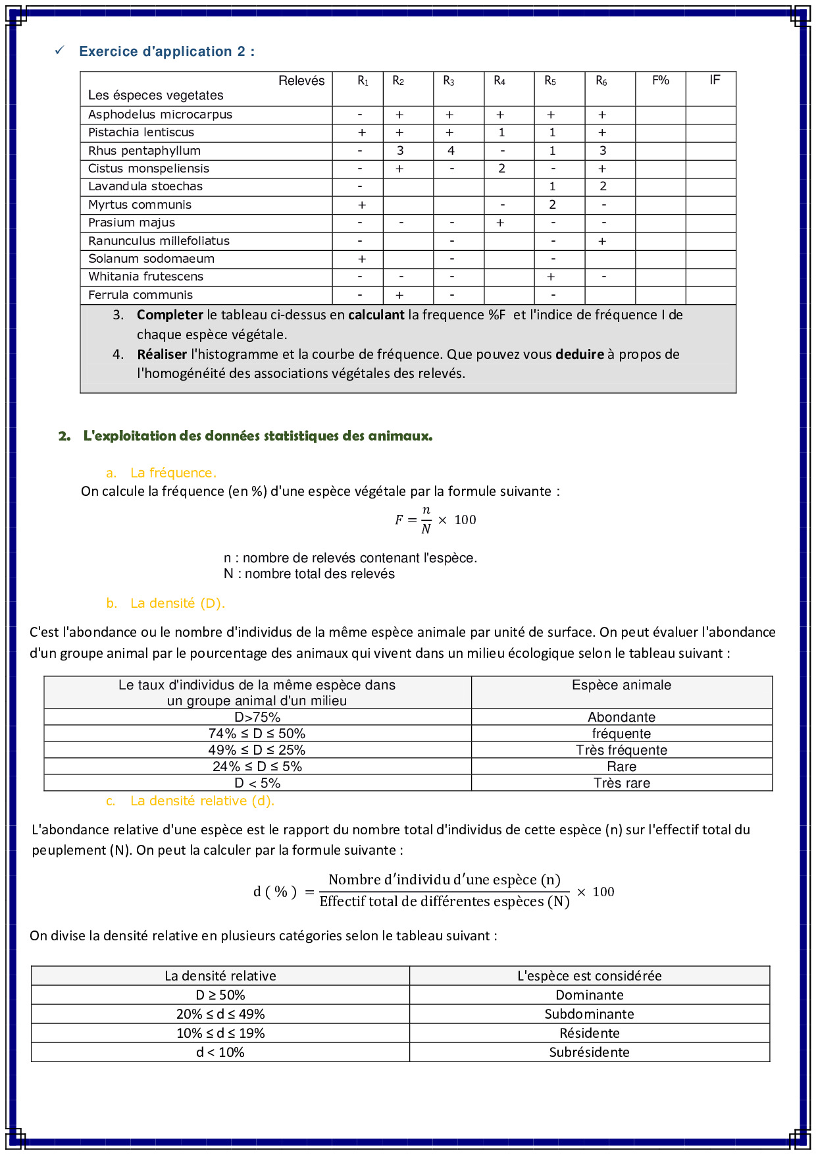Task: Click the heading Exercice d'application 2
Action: (166, 51)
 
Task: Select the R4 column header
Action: (499, 81)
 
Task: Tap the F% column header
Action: (660, 80)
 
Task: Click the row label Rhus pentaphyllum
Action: (144, 151)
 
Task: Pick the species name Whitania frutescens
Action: (145, 277)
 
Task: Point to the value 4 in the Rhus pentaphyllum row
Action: (451, 151)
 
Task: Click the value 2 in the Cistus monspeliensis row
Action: (501, 169)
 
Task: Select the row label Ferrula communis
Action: (140, 295)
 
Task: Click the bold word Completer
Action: (170, 315)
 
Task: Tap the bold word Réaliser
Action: (162, 354)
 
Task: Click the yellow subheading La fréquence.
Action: (173, 473)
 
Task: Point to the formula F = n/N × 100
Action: (435, 520)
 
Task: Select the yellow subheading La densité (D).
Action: (177, 603)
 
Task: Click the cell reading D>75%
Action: (257, 717)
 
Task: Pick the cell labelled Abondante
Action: (621, 717)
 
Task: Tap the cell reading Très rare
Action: (621, 783)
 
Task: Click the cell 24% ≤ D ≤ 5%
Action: (257, 766)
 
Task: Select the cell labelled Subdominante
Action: (589, 1014)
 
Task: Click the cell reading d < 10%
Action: (220, 1052)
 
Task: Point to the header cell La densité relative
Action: (220, 976)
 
